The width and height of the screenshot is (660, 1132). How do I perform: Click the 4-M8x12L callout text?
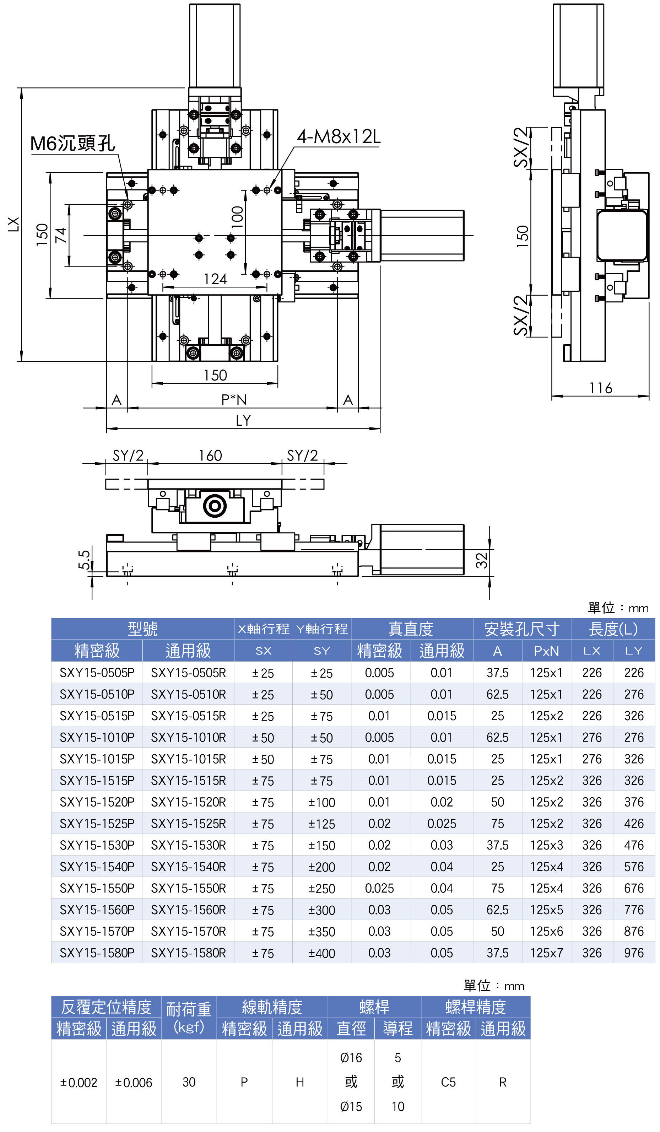(x=338, y=136)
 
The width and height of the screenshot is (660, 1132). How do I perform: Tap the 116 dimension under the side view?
(x=600, y=388)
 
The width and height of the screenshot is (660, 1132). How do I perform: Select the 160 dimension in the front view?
(x=210, y=456)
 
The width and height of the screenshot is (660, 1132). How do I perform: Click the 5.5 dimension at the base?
(x=84, y=559)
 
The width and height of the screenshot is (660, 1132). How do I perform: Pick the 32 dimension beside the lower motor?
(x=481, y=560)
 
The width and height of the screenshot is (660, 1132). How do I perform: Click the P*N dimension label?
(x=233, y=400)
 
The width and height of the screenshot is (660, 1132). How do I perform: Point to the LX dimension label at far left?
(x=14, y=224)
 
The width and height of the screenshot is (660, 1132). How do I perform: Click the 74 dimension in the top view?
(x=61, y=235)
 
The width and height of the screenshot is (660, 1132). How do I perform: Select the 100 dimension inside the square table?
(x=237, y=217)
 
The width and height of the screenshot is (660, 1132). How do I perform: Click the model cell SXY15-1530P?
(x=97, y=845)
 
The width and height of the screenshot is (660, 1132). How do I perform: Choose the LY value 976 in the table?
(x=633, y=953)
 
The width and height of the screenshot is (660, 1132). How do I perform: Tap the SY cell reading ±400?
(x=321, y=953)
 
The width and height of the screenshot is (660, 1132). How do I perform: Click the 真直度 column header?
(x=411, y=629)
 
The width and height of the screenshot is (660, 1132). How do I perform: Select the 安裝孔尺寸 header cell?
(x=521, y=629)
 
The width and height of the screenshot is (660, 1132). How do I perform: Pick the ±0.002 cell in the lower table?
(x=79, y=1083)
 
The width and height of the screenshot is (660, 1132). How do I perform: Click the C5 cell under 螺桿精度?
(x=448, y=1082)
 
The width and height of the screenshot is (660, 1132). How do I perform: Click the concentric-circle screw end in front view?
(x=215, y=506)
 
